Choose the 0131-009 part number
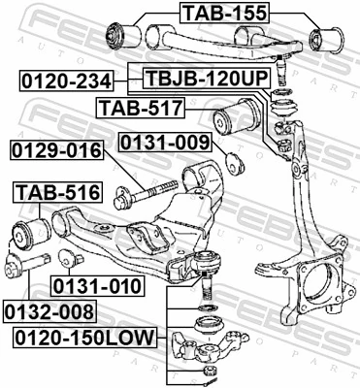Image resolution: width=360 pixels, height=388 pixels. coord(164,144)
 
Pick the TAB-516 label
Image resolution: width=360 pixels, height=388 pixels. coord(55,192)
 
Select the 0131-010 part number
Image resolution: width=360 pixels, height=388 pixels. coord(97,286)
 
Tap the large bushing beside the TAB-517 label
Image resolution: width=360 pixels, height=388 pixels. coord(239,118)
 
